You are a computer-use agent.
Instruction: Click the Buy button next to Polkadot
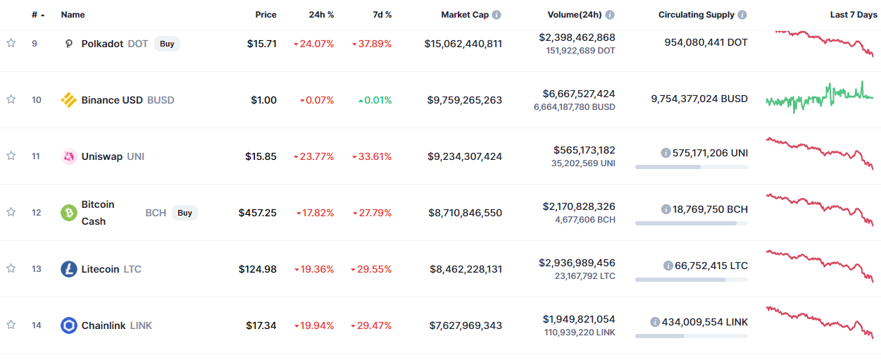coord(167,44)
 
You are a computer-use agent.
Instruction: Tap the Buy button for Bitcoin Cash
coord(185,213)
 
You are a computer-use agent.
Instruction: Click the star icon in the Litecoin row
coord(11,268)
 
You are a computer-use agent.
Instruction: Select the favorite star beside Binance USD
coord(11,99)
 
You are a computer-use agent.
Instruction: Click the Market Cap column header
coord(465,15)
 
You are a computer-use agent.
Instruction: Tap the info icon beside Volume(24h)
coord(610,15)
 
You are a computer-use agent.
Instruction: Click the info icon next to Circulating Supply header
coord(742,15)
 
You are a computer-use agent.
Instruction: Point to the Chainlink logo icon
coord(69,325)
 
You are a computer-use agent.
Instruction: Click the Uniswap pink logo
coord(69,156)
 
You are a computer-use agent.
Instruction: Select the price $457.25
coord(258,213)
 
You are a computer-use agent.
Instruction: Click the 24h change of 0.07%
coord(317,100)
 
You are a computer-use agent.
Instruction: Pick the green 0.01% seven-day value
coord(375,100)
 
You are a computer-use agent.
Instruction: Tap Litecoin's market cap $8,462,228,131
coord(466,269)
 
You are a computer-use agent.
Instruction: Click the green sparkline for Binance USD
coord(820,98)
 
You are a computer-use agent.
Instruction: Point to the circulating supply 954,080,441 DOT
coord(706,42)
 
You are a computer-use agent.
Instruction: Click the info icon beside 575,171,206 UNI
coord(666,153)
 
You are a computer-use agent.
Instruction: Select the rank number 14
coord(37,325)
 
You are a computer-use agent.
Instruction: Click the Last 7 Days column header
coord(854,15)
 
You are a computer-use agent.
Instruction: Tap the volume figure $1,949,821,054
coord(579,319)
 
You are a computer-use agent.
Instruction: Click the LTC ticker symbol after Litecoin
coord(132,269)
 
